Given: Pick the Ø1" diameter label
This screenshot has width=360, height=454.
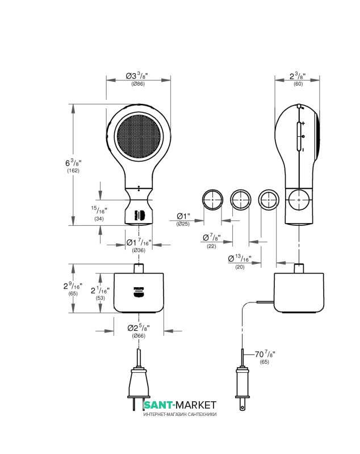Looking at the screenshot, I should (183, 216).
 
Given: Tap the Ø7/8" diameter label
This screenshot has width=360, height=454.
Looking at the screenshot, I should (211, 237).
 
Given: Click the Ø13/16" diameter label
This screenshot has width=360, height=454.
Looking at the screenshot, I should (239, 258).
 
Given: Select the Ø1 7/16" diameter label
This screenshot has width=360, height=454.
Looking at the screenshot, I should (139, 243).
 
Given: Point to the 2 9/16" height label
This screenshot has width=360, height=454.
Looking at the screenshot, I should (73, 287).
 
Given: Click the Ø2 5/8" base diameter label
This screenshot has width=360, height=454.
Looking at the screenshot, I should (139, 328).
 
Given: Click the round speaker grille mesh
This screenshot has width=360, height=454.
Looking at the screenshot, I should (139, 138).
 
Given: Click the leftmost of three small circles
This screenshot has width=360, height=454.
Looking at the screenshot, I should (213, 200).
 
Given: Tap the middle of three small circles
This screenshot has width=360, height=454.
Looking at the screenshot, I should (241, 200).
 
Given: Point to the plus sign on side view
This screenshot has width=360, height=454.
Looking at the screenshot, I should (303, 123).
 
